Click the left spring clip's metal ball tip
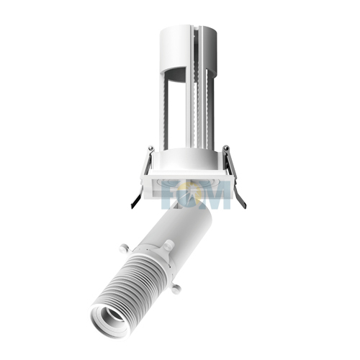tap(150, 149)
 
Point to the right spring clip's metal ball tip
tap(225, 149)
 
